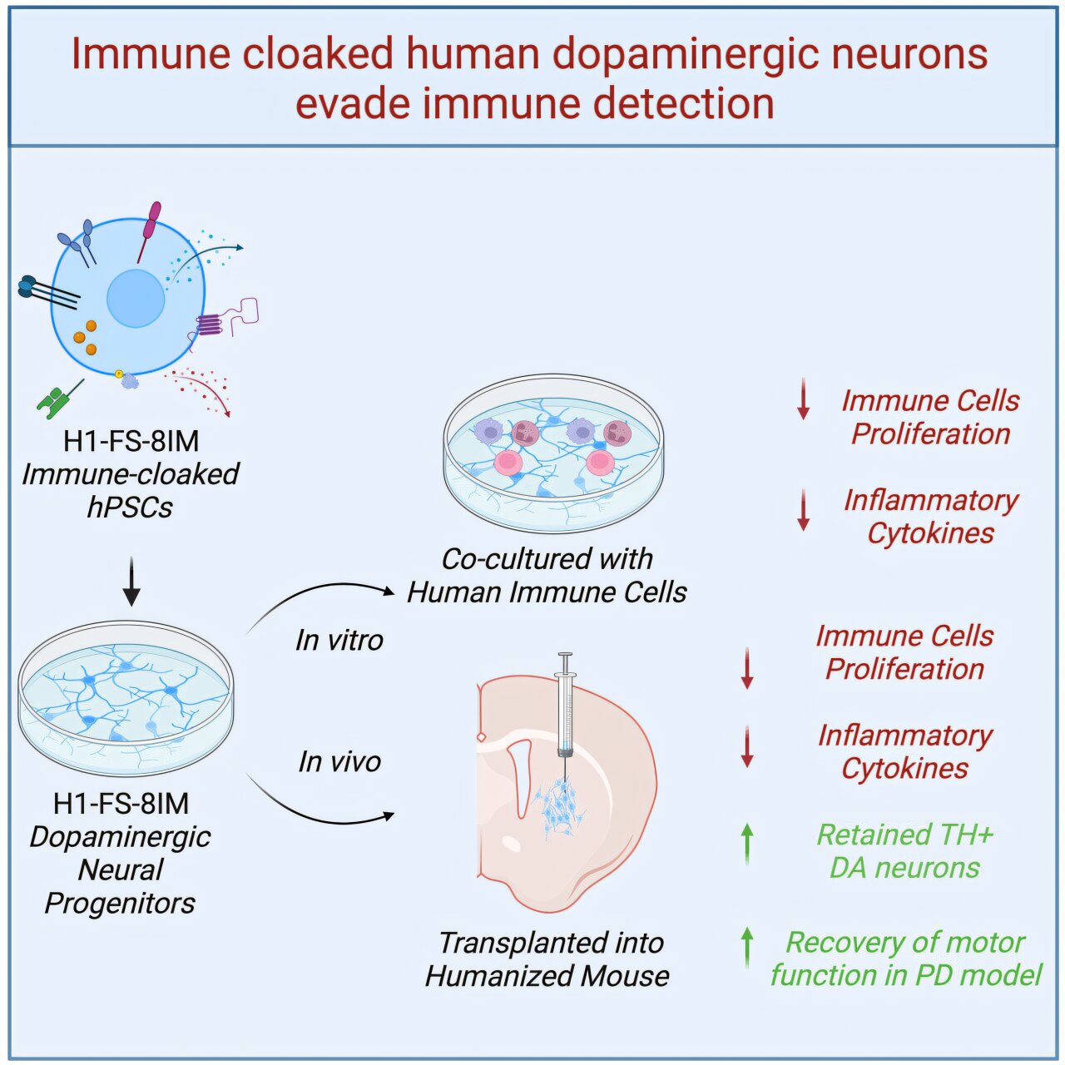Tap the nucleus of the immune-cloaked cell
pos(136,298)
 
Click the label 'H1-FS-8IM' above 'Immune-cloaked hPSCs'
pos(131,440)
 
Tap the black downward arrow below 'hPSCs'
pos(131,582)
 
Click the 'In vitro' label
pos(339,640)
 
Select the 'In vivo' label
pos(339,761)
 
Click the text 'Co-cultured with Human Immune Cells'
pos(547,575)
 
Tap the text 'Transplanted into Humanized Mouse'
pos(547,958)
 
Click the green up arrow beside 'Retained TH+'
pos(747,843)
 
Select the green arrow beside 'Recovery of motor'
pos(747,947)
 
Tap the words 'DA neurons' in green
pos(904,868)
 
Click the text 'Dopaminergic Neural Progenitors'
pos(121,869)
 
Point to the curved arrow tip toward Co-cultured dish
pos(389,592)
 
